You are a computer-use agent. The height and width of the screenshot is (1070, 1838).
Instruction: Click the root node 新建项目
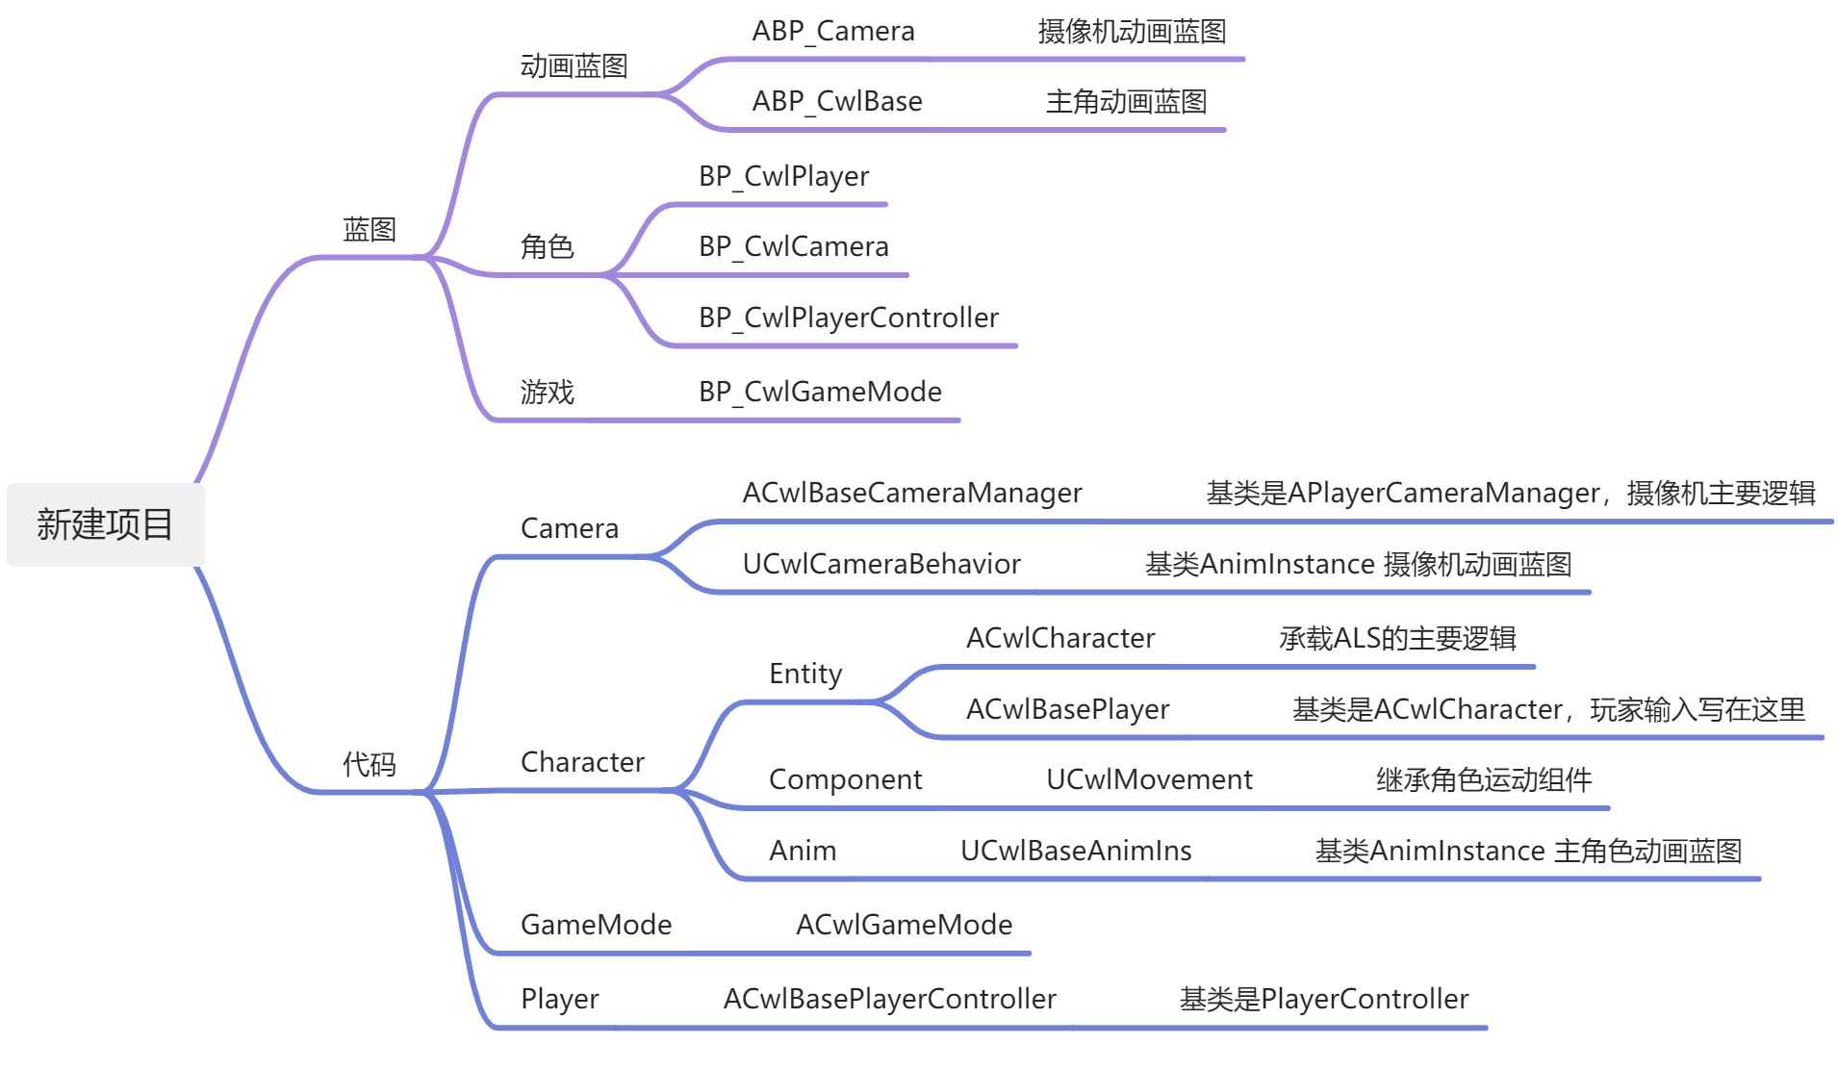point(105,524)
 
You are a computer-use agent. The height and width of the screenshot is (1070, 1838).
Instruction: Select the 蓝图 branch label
point(370,230)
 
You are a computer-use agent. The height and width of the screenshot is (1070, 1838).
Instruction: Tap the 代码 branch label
point(370,764)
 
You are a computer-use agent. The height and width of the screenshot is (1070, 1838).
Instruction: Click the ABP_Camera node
point(833,32)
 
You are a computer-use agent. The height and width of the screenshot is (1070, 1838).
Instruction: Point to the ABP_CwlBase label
point(837,102)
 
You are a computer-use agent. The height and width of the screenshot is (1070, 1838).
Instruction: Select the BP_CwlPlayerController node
point(849,318)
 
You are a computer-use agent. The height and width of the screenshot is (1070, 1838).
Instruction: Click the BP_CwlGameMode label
point(820,392)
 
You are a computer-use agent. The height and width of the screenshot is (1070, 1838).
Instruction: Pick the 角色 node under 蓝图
point(547,247)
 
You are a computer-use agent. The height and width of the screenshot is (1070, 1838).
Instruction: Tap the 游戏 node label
point(547,392)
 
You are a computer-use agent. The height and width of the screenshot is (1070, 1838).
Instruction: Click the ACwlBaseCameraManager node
point(912,494)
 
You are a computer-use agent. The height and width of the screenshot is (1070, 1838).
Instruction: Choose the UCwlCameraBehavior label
point(881,564)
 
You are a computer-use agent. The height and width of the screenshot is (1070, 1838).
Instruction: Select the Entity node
point(805,674)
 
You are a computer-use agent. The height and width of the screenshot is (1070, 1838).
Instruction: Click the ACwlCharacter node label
point(1060,638)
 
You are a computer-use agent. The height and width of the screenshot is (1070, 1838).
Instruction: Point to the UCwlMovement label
point(1149,779)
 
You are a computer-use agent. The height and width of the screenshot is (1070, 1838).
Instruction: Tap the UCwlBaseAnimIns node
point(1076,851)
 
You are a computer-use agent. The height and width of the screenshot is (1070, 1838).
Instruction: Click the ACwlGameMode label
point(904,925)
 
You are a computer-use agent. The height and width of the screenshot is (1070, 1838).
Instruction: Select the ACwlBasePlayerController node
point(889,999)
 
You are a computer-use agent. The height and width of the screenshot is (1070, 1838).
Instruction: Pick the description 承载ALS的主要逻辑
point(1397,638)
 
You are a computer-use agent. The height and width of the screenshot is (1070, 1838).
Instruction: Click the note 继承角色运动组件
point(1484,779)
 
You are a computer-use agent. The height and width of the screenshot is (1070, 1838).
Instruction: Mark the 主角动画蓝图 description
point(1126,102)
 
